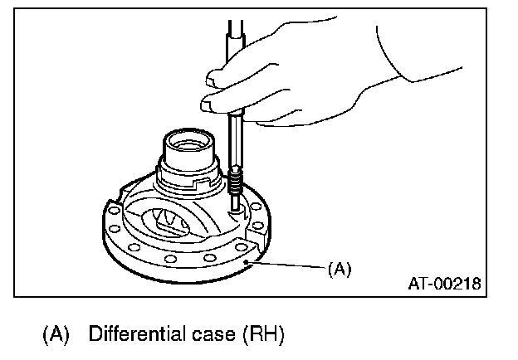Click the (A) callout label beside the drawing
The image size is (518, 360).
[339, 269]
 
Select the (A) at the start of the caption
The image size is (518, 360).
[56, 336]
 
